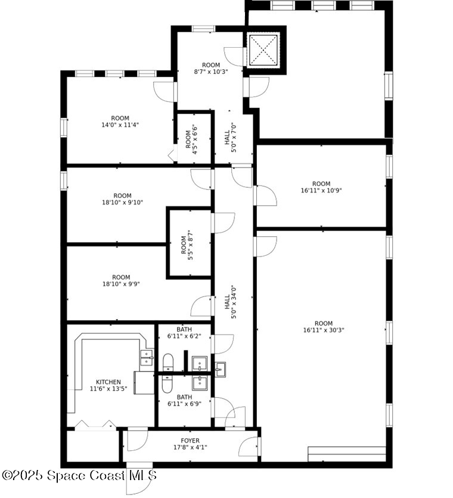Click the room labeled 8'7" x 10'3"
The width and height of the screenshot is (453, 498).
[x=211, y=68]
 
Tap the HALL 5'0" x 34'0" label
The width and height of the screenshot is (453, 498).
[x=230, y=304]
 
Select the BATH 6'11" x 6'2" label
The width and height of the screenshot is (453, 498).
[x=184, y=332]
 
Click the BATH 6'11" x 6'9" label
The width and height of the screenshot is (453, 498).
[x=184, y=400]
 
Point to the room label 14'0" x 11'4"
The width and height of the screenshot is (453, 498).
[x=120, y=122]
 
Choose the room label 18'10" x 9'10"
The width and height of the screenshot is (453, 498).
[x=122, y=199]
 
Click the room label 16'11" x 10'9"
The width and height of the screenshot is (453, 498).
[x=321, y=187]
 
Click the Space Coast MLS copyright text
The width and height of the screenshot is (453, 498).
[x=79, y=475]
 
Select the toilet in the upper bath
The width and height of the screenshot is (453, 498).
[x=168, y=363]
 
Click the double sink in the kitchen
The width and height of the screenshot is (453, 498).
[x=146, y=357]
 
